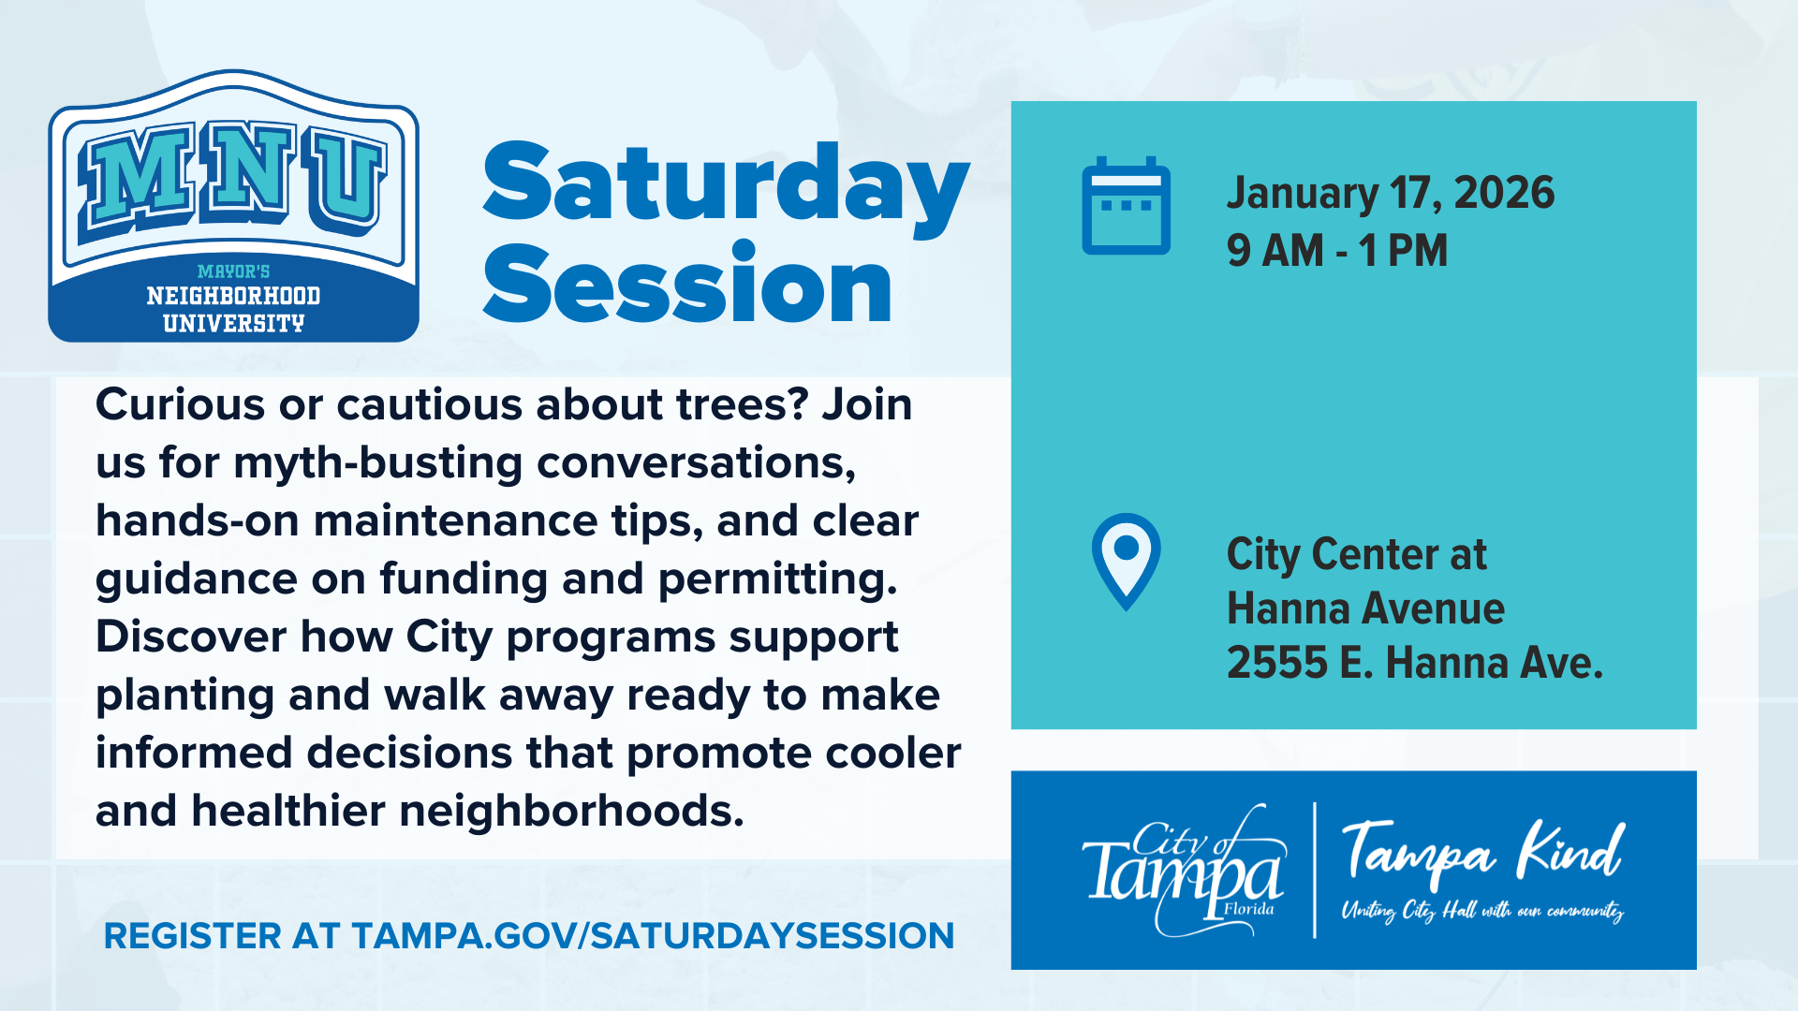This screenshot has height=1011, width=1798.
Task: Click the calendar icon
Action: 1126,206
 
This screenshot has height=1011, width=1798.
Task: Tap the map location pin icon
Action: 1126,562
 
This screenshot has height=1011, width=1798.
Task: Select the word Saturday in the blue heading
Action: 726,187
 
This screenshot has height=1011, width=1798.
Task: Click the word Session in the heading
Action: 687,284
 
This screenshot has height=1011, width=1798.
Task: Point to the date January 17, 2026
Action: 1391,193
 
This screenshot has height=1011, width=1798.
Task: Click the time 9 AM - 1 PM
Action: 1337,251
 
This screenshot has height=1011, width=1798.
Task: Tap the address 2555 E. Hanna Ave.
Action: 1415,663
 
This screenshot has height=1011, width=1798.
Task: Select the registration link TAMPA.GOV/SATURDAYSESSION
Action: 653,936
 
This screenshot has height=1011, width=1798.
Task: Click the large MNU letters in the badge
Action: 234,178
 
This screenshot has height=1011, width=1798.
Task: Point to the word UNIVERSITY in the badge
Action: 234,324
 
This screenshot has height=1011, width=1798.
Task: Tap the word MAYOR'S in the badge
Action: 234,271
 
